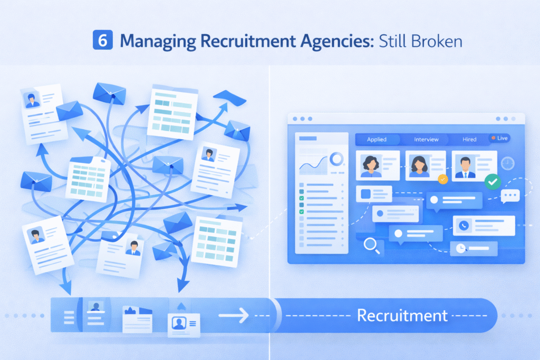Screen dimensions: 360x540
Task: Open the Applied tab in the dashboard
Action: pyautogui.click(x=377, y=139)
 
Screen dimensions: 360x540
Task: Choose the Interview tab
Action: pyautogui.click(x=426, y=139)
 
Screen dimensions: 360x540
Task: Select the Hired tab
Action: pyautogui.click(x=469, y=139)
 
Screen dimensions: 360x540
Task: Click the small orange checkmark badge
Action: pyautogui.click(x=443, y=179)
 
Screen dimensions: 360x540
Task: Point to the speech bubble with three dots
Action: pyautogui.click(x=510, y=196)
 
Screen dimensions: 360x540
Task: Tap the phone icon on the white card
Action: pyautogui.click(x=464, y=225)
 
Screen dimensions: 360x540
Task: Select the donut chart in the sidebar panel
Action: pyautogui.click(x=336, y=158)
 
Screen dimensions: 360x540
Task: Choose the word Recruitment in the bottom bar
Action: pyautogui.click(x=402, y=316)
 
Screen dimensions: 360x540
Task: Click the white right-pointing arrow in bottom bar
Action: pyautogui.click(x=233, y=316)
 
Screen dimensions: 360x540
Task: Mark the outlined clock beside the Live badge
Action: pyautogui.click(x=508, y=163)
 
